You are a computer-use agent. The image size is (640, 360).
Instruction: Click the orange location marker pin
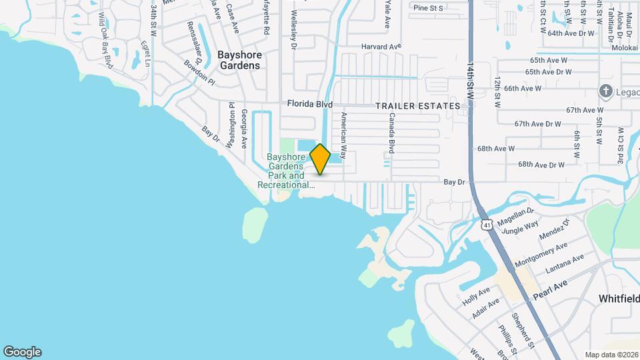pyautogui.click(x=320, y=159)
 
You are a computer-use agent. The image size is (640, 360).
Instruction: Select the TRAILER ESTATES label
pyautogui.click(x=417, y=106)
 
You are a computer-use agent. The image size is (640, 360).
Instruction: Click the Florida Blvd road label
pyautogui.click(x=309, y=104)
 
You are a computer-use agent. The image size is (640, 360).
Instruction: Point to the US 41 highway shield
pyautogui.click(x=488, y=225)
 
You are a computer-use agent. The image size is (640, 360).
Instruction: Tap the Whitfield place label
pyautogui.click(x=619, y=298)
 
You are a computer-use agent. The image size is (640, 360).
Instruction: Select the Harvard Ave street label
pyautogui.click(x=381, y=47)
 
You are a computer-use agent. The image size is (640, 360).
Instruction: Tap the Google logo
pyautogui.click(x=22, y=352)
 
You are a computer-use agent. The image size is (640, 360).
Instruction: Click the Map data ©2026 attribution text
pyautogui.click(x=611, y=355)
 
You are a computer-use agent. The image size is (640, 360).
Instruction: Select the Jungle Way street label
pyautogui.click(x=519, y=229)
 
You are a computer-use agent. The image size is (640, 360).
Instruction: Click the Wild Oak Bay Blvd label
pyautogui.click(x=105, y=39)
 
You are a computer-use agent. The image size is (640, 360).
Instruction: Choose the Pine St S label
pyautogui.click(x=428, y=8)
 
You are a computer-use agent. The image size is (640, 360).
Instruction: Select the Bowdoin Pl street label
pyautogui.click(x=200, y=75)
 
